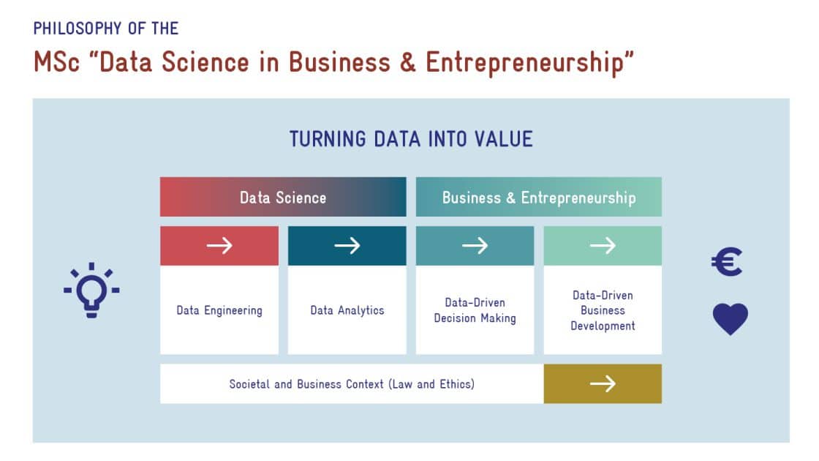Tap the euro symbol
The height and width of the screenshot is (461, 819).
(727, 262)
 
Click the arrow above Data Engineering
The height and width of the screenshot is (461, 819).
(219, 245)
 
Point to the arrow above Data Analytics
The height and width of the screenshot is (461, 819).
(347, 245)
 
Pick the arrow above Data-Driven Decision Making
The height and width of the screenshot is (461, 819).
(475, 245)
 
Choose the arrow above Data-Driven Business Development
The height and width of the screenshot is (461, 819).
(603, 245)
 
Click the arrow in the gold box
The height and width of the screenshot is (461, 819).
(603, 383)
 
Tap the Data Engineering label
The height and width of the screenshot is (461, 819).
(219, 310)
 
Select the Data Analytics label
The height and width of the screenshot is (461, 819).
(347, 310)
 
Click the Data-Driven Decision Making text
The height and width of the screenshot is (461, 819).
(475, 310)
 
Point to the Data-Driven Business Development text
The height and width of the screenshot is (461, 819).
(603, 310)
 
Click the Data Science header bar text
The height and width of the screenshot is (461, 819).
(283, 198)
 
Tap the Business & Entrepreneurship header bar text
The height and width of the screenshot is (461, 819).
(539, 198)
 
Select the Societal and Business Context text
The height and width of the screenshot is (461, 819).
(306, 384)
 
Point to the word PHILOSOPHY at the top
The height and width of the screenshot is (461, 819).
(78, 29)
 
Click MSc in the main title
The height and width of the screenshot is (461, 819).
(56, 61)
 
